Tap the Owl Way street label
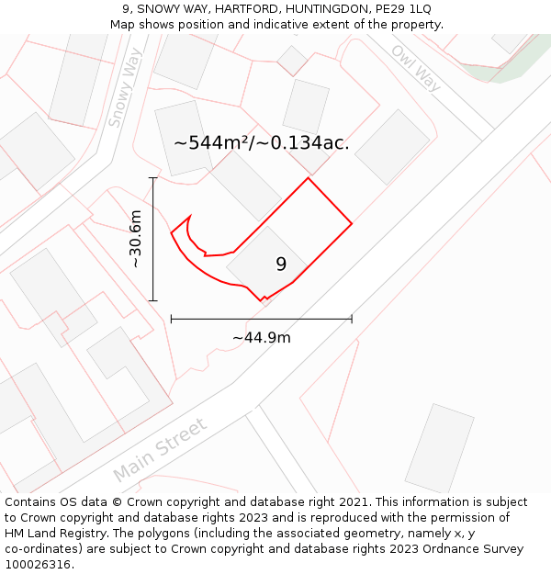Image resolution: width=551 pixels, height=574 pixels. click(x=416, y=68)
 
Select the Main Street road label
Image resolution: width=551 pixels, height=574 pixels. click(x=161, y=448)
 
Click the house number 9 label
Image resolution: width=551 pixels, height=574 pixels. click(x=281, y=264)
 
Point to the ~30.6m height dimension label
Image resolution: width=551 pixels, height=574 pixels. click(x=135, y=239)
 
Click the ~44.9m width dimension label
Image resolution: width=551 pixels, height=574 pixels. click(x=261, y=337)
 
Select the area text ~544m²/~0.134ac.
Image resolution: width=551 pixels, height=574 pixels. click(x=262, y=142)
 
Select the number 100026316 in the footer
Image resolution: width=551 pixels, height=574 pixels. click(x=38, y=565)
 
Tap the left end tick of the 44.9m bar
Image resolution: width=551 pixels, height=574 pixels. click(x=172, y=320)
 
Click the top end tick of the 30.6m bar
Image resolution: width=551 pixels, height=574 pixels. click(x=152, y=178)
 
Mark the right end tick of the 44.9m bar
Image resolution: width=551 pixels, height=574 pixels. click(x=352, y=320)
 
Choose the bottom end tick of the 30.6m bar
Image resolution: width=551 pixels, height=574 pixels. click(x=152, y=300)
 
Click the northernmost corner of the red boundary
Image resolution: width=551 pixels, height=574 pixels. click(x=308, y=178)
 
